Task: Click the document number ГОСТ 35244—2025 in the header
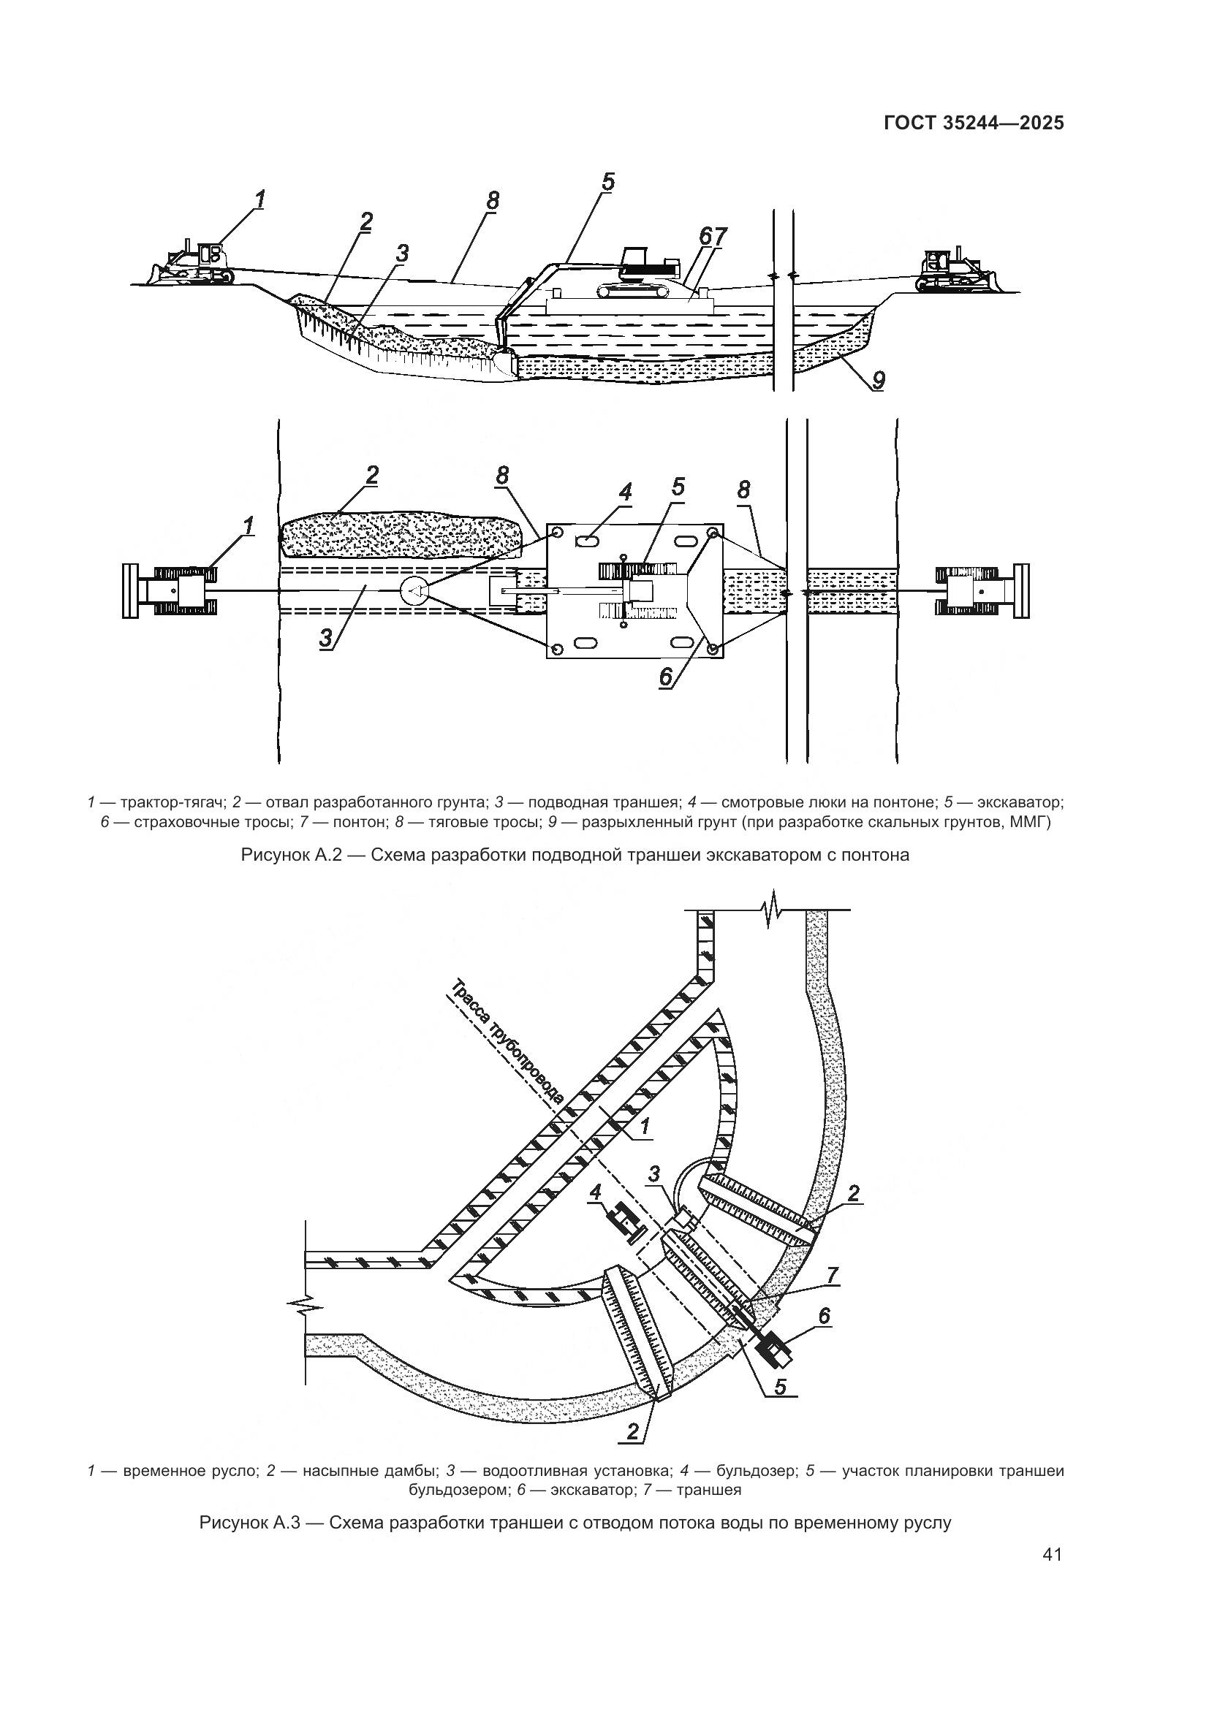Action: point(973,123)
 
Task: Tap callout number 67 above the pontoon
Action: point(713,236)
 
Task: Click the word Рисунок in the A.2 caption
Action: point(273,855)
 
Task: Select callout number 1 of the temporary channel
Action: point(645,1149)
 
